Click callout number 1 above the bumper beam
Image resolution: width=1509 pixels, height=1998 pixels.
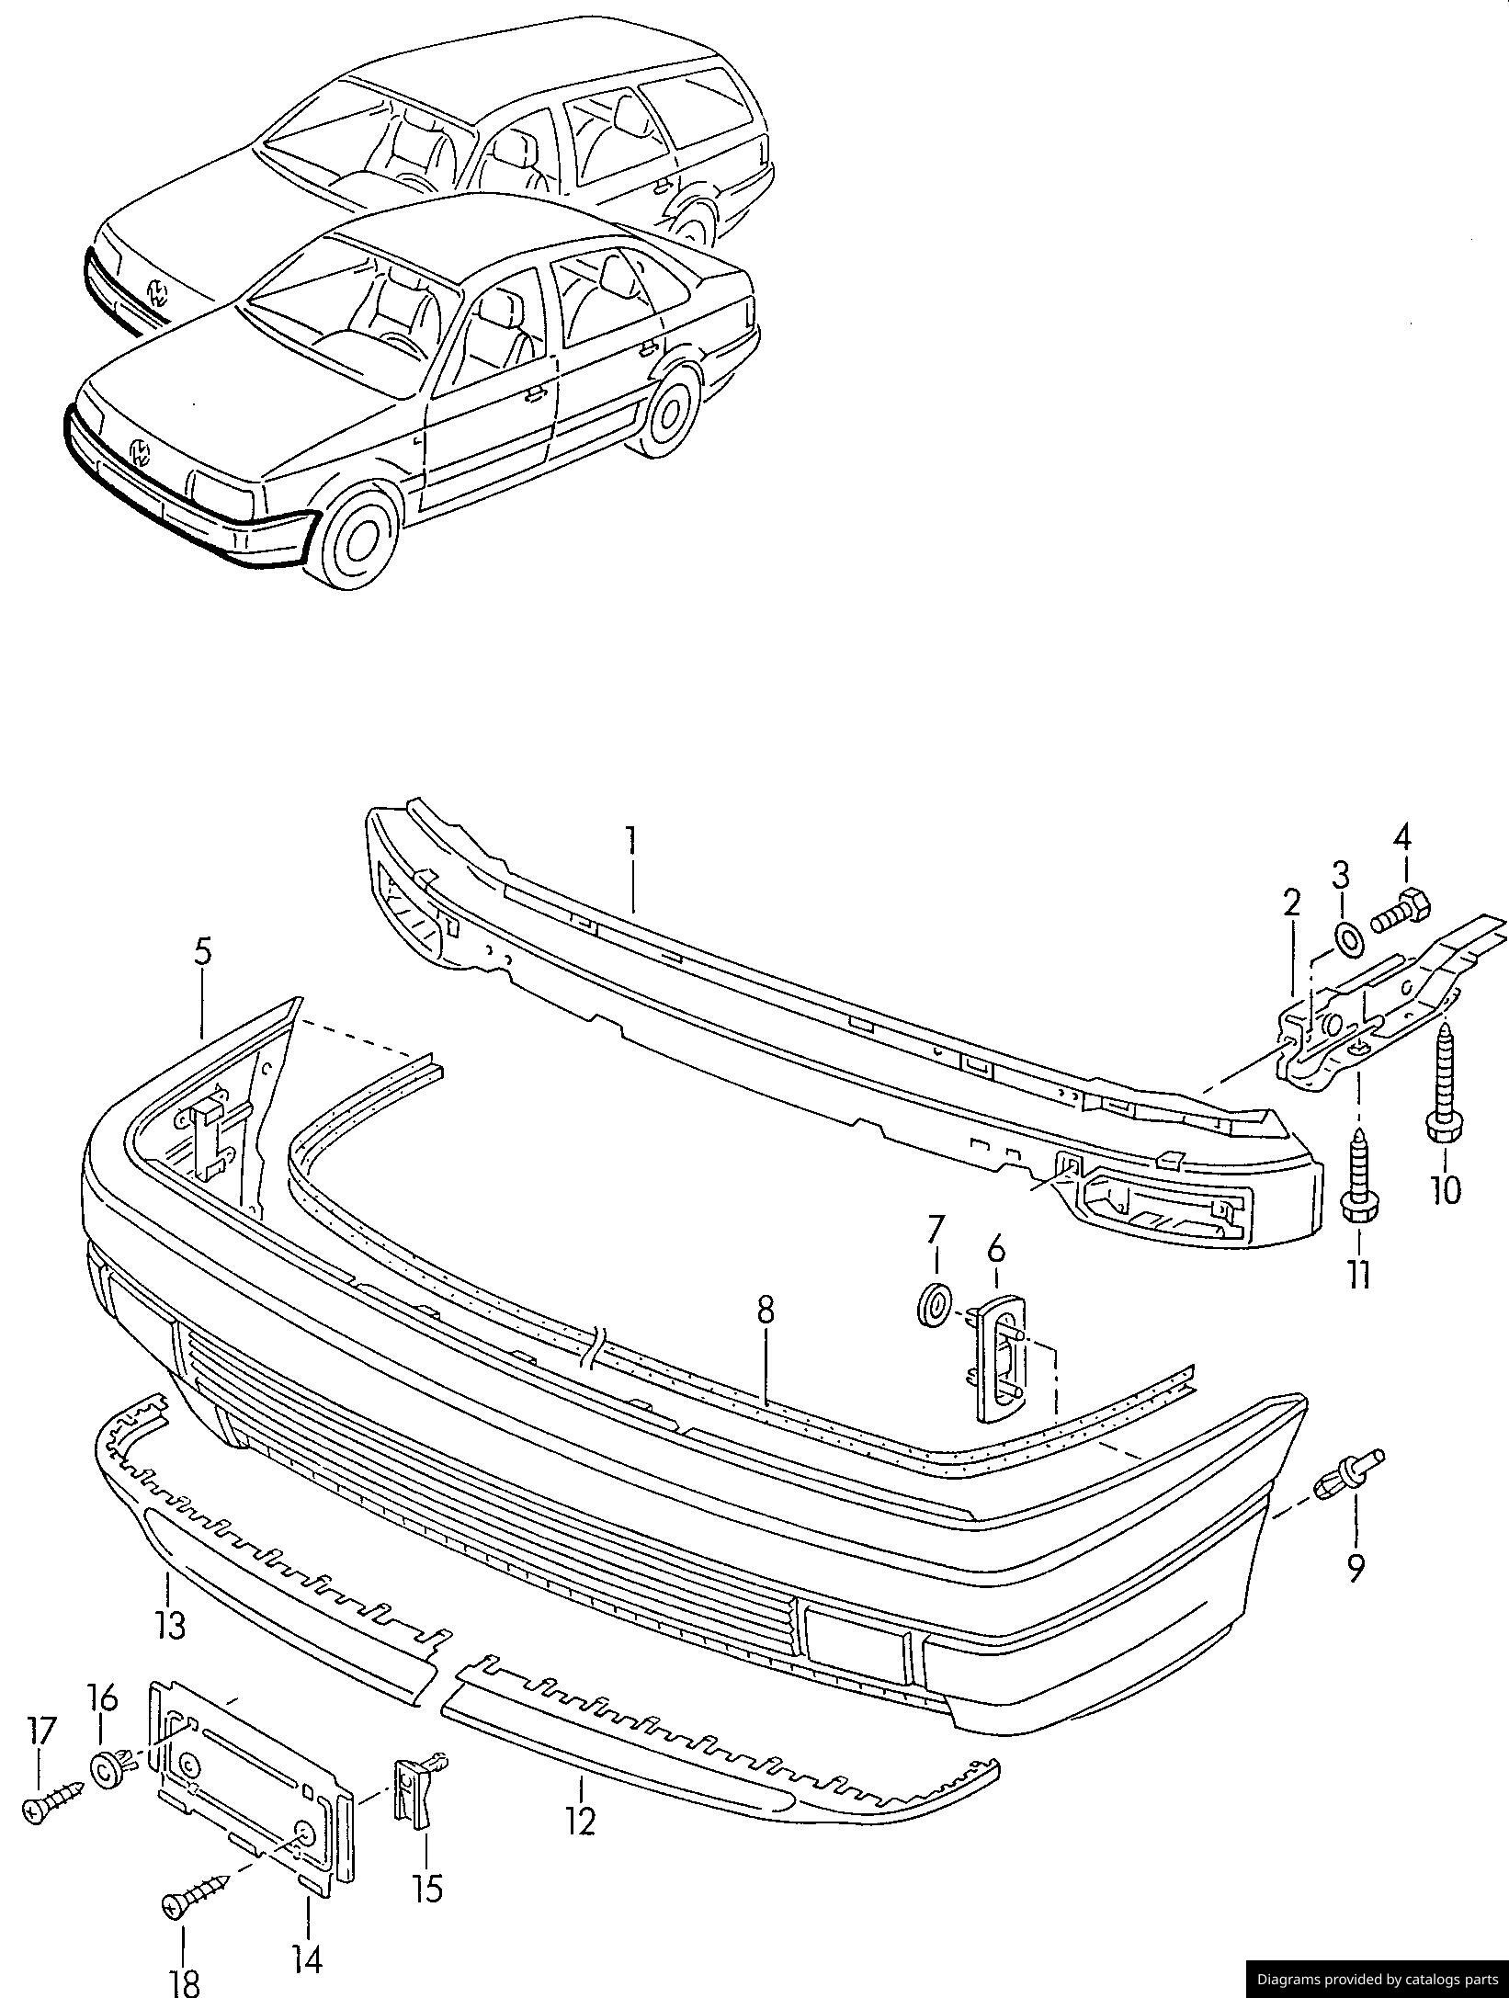(631, 843)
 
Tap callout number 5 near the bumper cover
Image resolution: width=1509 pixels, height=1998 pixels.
(202, 953)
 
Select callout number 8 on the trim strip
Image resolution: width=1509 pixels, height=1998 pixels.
(766, 1311)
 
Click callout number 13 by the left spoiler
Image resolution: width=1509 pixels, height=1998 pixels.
(171, 1624)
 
